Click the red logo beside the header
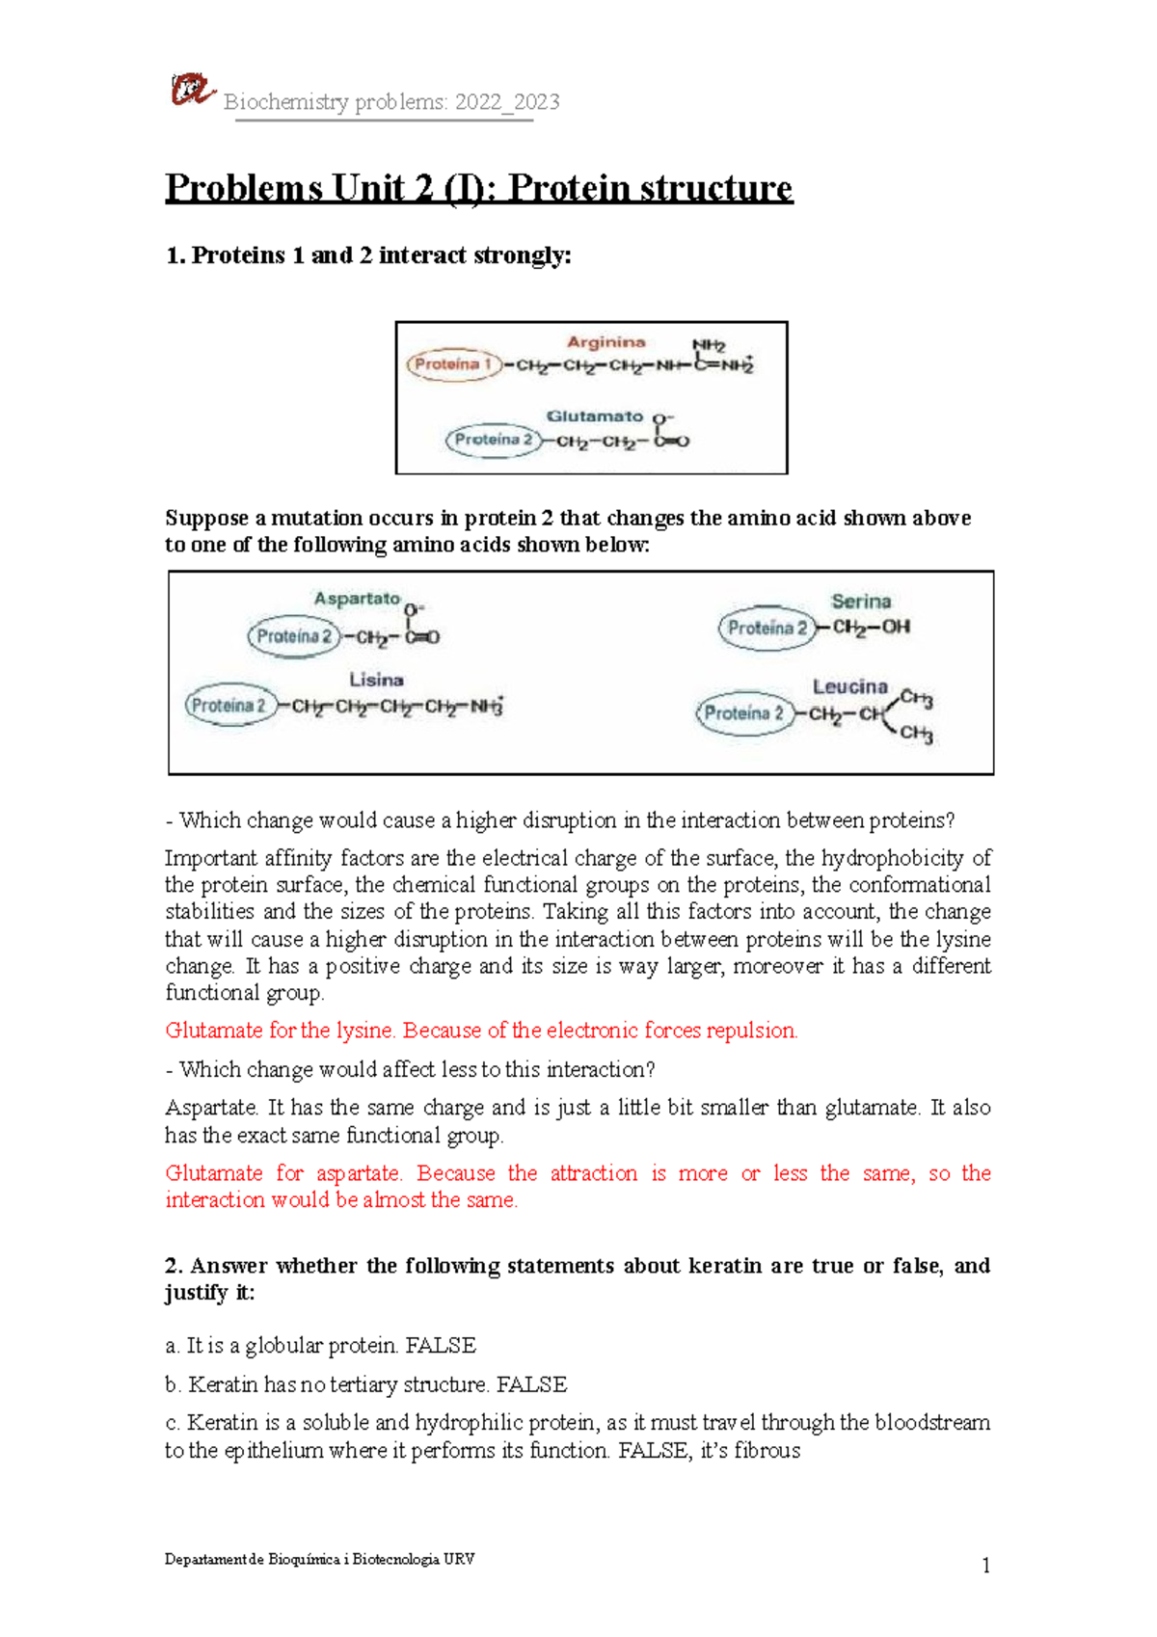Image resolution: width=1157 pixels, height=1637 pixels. [x=192, y=90]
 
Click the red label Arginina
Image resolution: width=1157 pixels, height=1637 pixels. [x=605, y=342]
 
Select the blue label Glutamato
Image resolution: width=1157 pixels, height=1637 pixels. [x=594, y=416]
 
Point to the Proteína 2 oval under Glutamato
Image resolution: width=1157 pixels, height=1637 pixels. [x=493, y=440]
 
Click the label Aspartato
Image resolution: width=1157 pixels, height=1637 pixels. [x=357, y=599]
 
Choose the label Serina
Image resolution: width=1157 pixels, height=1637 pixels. [x=861, y=602]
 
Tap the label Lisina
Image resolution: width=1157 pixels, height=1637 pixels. [x=376, y=680]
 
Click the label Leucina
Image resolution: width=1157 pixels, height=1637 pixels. [x=849, y=686]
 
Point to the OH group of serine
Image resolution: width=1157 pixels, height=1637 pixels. [x=897, y=627]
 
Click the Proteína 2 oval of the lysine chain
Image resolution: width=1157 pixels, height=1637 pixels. [x=229, y=706]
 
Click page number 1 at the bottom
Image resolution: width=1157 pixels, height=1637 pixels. [x=985, y=1566]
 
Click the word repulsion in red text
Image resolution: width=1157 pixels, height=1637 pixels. [x=751, y=1031]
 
